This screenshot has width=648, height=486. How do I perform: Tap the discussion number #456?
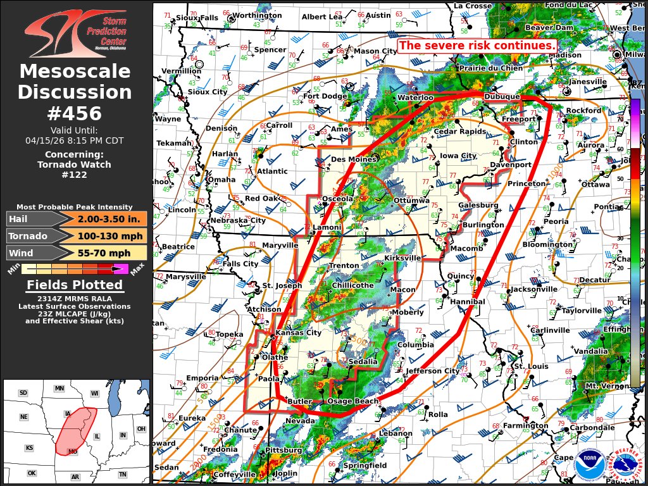[75, 113]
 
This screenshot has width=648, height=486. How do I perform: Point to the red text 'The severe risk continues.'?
[478, 46]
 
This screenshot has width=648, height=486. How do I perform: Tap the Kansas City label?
[297, 333]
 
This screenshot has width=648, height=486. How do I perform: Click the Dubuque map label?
[502, 97]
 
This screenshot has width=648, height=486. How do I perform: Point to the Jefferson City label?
[432, 371]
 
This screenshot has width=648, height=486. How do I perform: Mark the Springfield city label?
[365, 466]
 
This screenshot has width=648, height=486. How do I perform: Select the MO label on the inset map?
[73, 452]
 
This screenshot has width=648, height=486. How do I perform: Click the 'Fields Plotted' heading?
[75, 285]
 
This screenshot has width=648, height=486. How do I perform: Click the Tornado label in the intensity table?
[28, 236]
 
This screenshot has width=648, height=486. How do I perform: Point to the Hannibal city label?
[468, 302]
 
